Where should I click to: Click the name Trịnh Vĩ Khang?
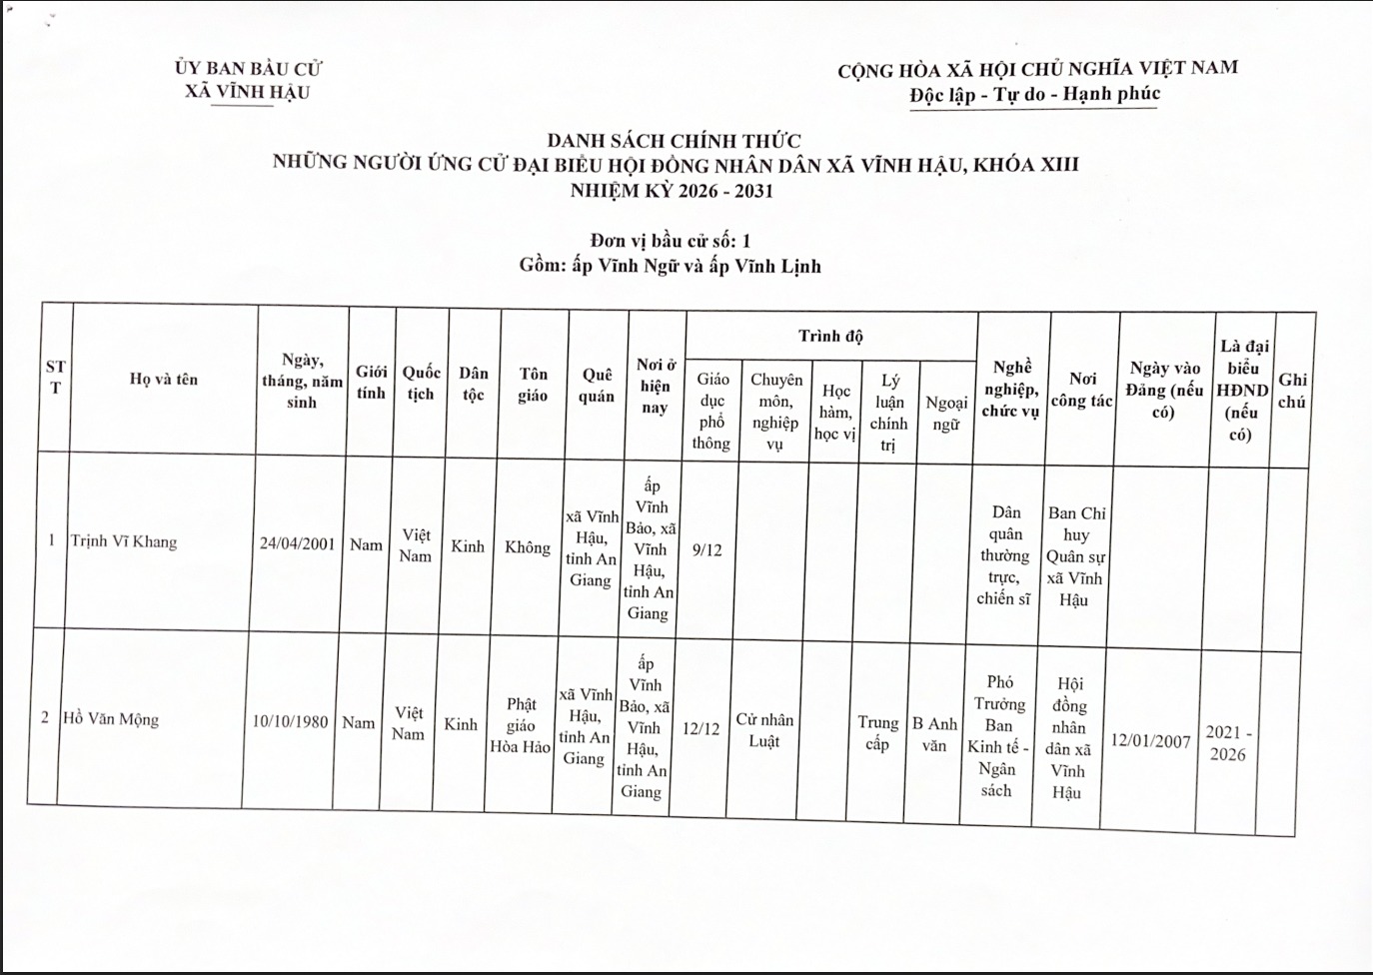coord(124,541)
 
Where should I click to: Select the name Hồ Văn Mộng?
coord(111,718)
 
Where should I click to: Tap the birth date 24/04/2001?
coord(297,543)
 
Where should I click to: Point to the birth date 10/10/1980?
coord(290,721)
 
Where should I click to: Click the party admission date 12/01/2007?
coord(1151,741)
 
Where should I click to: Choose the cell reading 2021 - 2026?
coord(1228,743)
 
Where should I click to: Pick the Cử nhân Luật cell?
coord(764,730)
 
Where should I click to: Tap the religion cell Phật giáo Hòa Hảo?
coord(520,725)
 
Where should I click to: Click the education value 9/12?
coord(706,549)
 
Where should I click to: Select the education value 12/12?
coord(700,728)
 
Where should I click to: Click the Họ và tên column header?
coord(164,379)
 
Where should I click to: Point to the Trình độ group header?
coord(830,336)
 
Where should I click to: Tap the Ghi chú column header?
coord(1292,391)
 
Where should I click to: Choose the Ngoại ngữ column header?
coord(945,413)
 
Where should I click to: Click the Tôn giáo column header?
coord(533,384)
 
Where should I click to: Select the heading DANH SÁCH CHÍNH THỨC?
coord(674,141)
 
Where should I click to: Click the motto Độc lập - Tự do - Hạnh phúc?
coord(1034,94)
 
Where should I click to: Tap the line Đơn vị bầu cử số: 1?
coord(670,240)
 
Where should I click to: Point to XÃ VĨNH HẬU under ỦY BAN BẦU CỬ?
coord(247,92)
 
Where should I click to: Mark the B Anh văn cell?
coord(934,734)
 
